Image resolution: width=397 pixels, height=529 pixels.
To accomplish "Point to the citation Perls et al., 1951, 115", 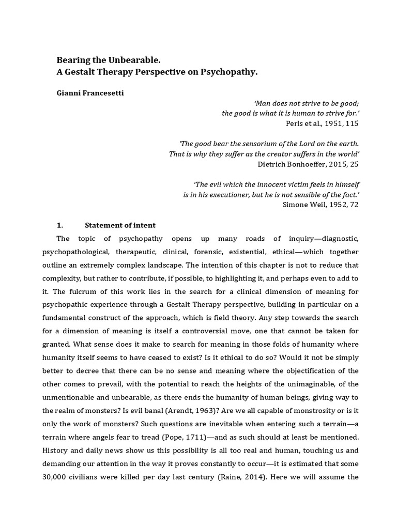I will click(x=322, y=123).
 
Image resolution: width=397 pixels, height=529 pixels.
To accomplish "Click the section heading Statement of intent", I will click(x=120, y=225).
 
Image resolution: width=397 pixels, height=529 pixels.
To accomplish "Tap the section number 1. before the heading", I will click(x=59, y=225).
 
